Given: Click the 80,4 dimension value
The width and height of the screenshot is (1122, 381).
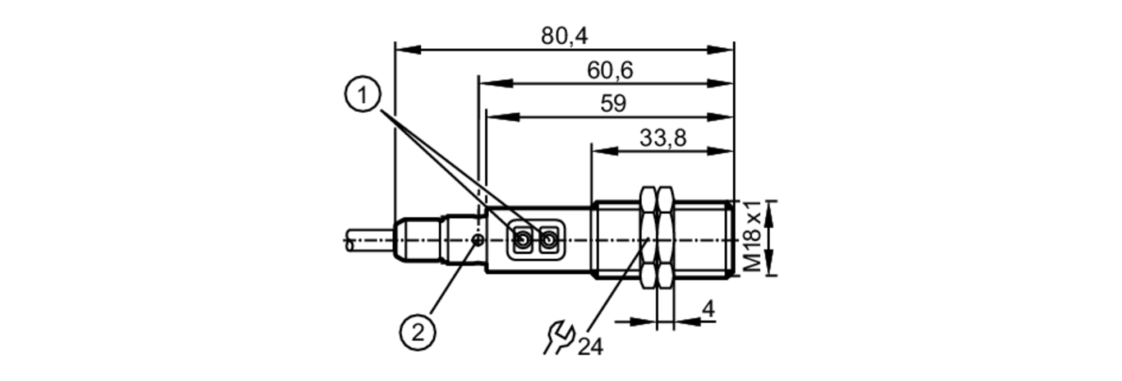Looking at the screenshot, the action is click(x=564, y=36).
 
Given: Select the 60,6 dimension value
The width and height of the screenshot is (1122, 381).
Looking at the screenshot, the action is click(x=610, y=71).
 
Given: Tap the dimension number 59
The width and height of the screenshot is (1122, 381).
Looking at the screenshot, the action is click(x=613, y=104).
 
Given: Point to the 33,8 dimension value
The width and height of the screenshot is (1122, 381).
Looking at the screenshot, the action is click(x=663, y=137).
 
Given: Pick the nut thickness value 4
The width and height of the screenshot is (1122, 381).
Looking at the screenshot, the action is click(x=709, y=309).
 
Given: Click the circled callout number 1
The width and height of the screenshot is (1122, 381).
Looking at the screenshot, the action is click(x=362, y=95).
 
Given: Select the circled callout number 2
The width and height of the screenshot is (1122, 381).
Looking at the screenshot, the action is click(x=417, y=333).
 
